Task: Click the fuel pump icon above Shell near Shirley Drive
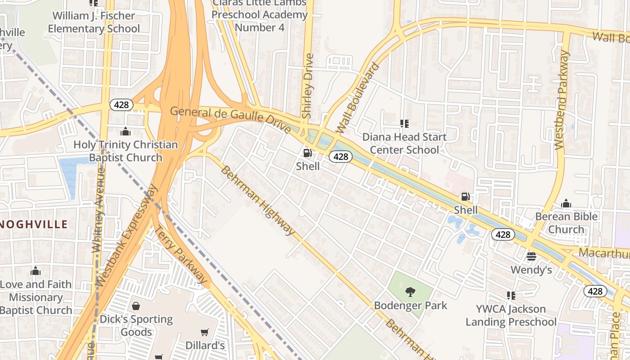click(307, 153)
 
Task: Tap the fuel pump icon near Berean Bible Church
click(465, 197)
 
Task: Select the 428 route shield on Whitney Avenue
click(121, 105)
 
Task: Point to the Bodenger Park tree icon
click(410, 292)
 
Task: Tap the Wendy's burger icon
click(531, 256)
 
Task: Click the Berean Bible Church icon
click(566, 203)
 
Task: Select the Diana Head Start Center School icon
click(404, 123)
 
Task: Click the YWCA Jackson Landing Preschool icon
click(511, 296)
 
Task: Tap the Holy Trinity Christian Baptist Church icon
click(126, 131)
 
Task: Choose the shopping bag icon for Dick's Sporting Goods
click(135, 306)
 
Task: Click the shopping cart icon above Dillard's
click(205, 332)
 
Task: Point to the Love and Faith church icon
click(35, 271)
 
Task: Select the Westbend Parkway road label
click(562, 100)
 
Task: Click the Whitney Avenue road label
click(98, 209)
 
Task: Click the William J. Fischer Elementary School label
click(94, 22)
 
